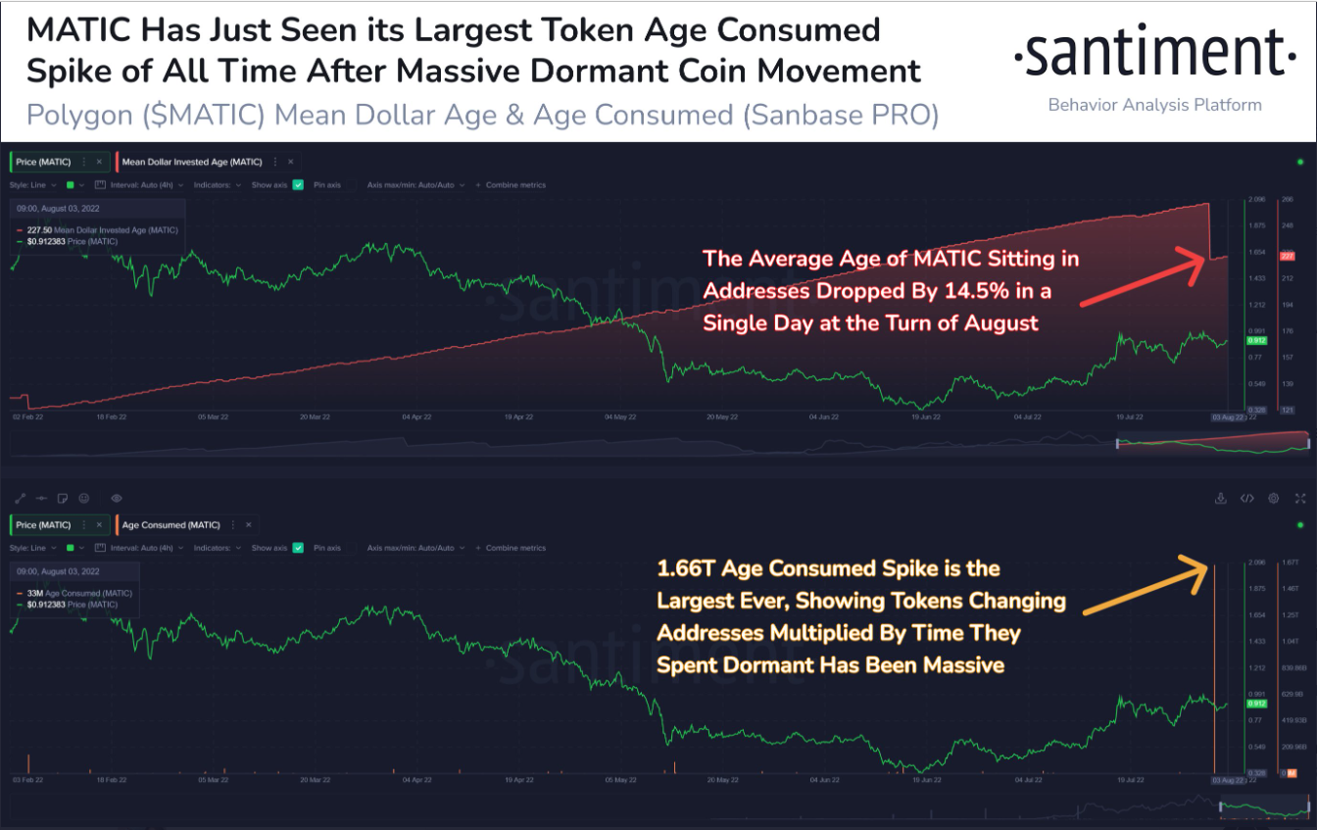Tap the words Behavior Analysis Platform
click(1154, 105)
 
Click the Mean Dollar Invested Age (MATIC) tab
click(191, 162)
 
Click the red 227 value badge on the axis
click(1288, 256)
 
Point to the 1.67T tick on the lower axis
click(1291, 562)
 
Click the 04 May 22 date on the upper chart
click(619, 416)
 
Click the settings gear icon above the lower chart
click(1273, 499)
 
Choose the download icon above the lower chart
click(1221, 499)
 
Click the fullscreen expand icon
click(1299, 499)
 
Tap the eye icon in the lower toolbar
click(117, 499)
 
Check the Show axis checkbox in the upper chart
click(298, 184)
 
